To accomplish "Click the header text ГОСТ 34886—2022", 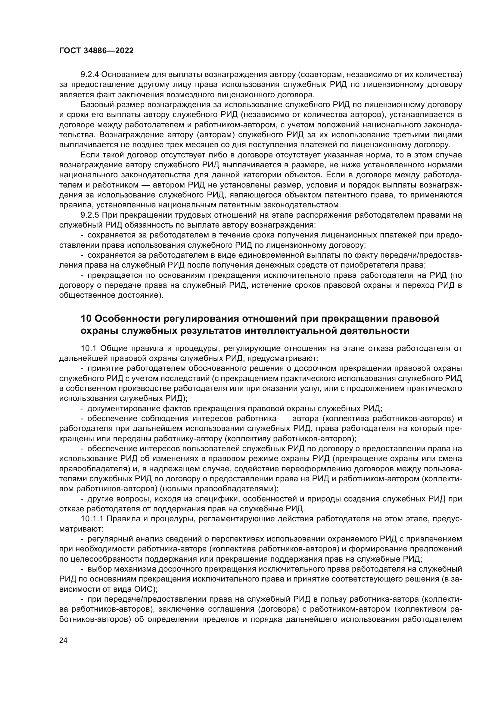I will point(96,51).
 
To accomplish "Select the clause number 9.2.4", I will point(89,75).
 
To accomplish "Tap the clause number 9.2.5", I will point(89,215).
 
